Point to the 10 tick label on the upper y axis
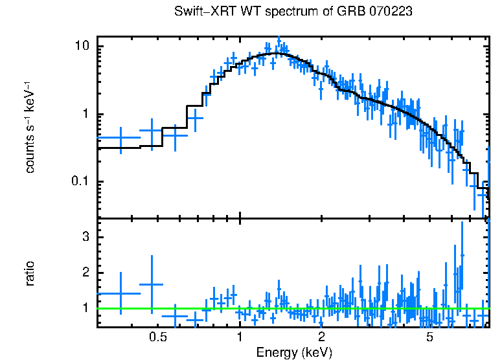(x=82, y=47)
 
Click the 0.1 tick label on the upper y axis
(x=79, y=181)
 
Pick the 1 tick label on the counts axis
(x=85, y=115)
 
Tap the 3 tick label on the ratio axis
(x=85, y=237)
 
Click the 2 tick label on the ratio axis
(x=85, y=273)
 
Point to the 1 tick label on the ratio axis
(x=85, y=308)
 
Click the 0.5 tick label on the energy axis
(x=157, y=337)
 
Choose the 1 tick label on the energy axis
(x=240, y=337)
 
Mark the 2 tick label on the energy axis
(x=321, y=337)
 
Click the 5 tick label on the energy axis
(x=429, y=337)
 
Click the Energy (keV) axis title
(x=293, y=352)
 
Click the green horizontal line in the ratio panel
(x=291, y=308)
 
